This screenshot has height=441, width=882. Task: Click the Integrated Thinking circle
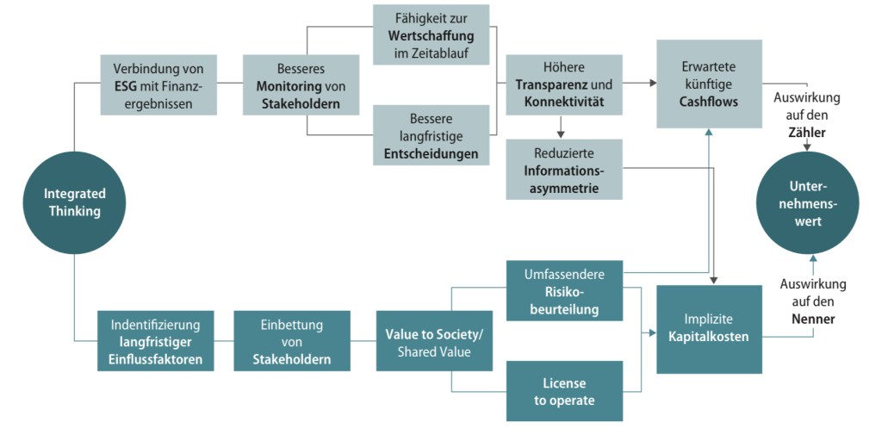(x=74, y=202)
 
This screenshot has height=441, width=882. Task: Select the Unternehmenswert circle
(x=808, y=203)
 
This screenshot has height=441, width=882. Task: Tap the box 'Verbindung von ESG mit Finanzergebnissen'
(x=158, y=85)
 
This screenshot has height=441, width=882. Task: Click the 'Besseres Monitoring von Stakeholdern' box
(x=301, y=85)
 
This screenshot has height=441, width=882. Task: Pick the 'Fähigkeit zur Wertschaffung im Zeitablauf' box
(x=431, y=34)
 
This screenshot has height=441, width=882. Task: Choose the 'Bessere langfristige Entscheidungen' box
(x=431, y=135)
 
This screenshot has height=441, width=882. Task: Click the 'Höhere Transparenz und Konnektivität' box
(x=563, y=85)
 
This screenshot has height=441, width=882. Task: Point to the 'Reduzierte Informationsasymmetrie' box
(x=563, y=169)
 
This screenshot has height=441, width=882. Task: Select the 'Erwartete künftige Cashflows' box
(x=709, y=84)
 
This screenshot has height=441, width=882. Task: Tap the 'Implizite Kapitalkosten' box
(x=709, y=329)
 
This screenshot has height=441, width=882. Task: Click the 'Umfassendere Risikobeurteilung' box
(x=563, y=291)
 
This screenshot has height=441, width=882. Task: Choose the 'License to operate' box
(x=563, y=391)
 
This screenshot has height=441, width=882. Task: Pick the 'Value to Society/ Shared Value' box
(x=434, y=341)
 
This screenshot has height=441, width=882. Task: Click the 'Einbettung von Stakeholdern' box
(x=291, y=341)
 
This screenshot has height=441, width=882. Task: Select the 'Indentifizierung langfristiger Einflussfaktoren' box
(x=155, y=341)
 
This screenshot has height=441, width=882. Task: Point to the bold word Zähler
(x=807, y=133)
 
